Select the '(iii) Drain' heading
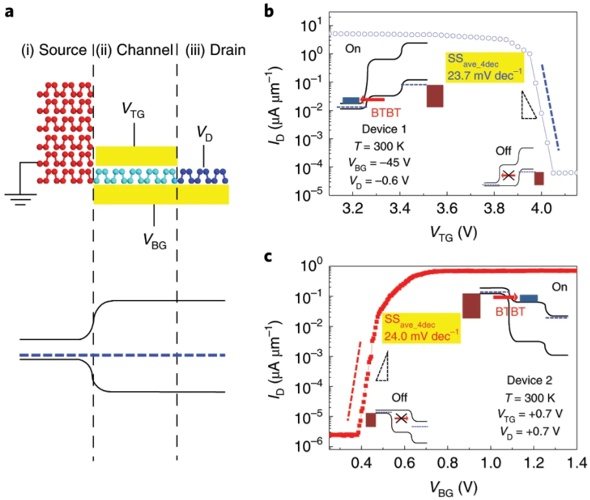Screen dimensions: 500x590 (x=216, y=50)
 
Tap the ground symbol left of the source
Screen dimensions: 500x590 (x=21, y=198)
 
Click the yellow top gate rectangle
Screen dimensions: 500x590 (x=135, y=155)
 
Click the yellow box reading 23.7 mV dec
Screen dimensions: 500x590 (x=484, y=67)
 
